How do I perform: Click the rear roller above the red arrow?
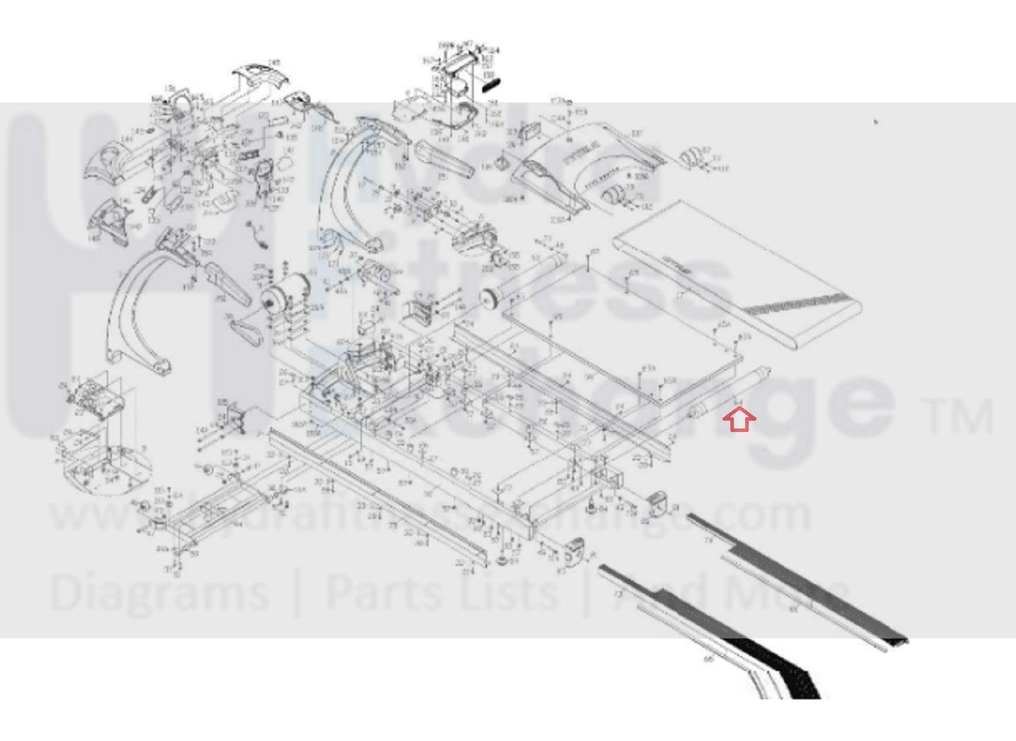[729, 392]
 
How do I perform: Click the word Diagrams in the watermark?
[159, 593]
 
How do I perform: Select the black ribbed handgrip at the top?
[490, 84]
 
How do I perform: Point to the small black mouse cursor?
[875, 122]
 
